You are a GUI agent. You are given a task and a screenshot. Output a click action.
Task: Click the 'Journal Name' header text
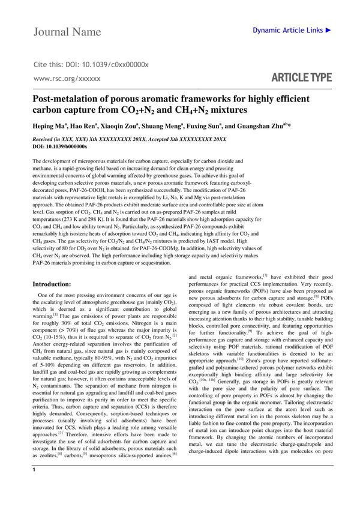point(67,31)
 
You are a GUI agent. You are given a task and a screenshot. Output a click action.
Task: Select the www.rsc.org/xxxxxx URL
point(67,79)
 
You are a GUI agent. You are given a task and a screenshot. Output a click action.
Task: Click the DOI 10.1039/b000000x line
point(59,146)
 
